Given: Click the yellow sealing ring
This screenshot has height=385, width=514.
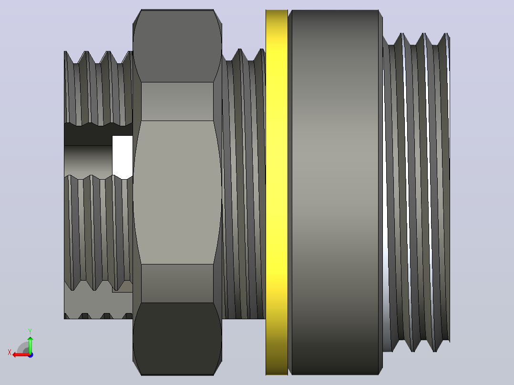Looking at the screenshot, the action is pyautogui.click(x=277, y=192).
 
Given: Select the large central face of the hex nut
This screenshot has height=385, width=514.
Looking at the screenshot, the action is pyautogui.click(x=177, y=192).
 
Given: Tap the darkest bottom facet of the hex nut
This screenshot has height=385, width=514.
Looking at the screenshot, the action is pyautogui.click(x=177, y=339).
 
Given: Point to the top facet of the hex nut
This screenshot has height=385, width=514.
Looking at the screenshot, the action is pyautogui.click(x=177, y=46).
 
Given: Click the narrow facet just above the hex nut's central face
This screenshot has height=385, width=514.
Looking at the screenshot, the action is pyautogui.click(x=177, y=101).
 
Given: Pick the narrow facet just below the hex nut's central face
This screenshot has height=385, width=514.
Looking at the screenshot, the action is pyautogui.click(x=177, y=284).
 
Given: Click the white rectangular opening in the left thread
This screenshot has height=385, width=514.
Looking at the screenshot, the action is pyautogui.click(x=122, y=157).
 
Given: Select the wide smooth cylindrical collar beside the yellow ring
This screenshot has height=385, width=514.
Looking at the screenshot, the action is pyautogui.click(x=335, y=192).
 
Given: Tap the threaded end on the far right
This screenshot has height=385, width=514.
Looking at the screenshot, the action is pyautogui.click(x=416, y=192).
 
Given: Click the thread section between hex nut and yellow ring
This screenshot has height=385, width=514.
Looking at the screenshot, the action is pyautogui.click(x=244, y=183).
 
